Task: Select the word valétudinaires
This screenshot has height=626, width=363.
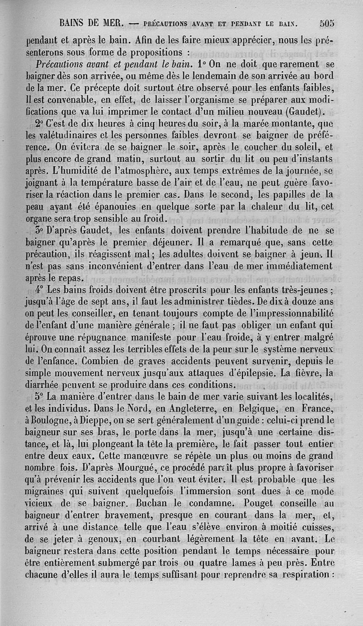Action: (67, 135)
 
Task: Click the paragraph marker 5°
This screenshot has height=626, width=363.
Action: (39, 395)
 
